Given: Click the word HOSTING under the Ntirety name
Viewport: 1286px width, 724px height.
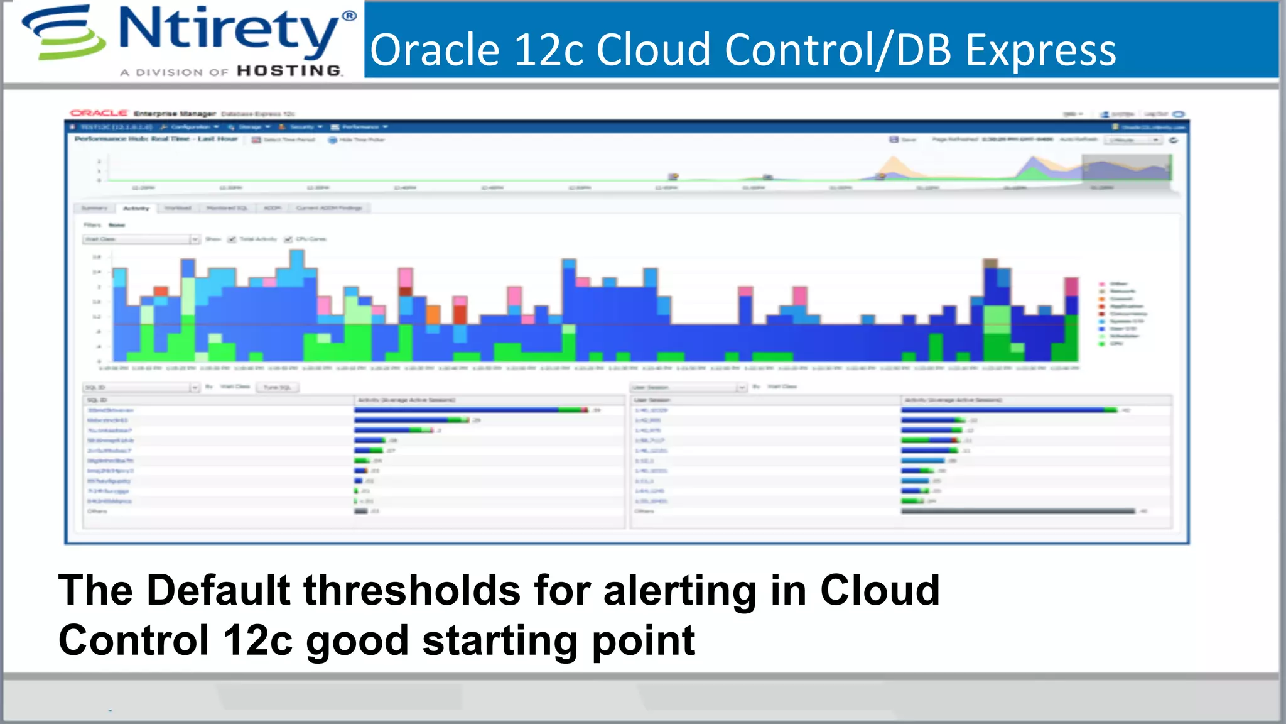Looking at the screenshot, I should point(289,71).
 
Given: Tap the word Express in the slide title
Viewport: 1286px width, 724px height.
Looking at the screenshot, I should point(1040,50).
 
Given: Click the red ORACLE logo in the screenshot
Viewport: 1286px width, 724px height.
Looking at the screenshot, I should point(99,113).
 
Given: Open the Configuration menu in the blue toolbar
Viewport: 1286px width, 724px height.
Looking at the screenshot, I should point(190,127).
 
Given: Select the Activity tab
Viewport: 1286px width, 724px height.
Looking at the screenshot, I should point(136,208).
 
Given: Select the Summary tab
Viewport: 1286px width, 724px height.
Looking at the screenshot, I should point(94,208).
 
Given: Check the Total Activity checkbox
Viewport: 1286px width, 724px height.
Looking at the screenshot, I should point(232,239).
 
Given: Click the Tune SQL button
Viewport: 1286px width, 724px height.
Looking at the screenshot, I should point(277,387).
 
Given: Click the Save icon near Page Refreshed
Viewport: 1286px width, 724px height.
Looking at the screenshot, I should point(894,140).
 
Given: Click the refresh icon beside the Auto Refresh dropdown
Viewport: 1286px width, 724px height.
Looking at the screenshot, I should point(1173,140).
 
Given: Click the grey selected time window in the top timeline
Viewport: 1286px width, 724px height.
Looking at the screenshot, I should point(1127,168).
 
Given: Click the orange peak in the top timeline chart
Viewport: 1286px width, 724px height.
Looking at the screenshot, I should point(894,166).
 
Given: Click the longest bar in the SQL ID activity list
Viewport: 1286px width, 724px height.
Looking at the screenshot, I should point(471,410).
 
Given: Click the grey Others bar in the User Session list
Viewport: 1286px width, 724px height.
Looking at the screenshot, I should point(1017,512).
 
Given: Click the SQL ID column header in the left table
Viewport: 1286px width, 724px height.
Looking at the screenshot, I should point(97,400).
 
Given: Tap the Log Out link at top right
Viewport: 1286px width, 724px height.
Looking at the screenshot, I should point(1155,114).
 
